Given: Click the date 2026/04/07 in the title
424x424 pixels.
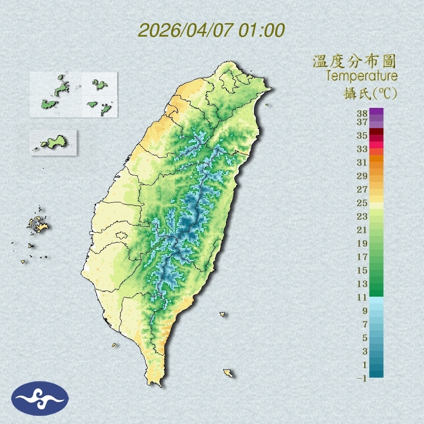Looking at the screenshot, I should [186, 30].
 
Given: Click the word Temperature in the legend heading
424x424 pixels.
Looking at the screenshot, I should [361, 76].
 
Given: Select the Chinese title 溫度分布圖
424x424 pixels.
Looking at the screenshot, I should [355, 62].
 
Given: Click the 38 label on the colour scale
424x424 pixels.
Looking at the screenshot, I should [362, 114].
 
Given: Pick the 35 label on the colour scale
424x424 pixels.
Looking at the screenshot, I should [362, 135].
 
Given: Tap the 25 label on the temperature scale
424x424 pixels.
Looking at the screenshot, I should [362, 202].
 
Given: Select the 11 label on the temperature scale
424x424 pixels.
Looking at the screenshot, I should [362, 297].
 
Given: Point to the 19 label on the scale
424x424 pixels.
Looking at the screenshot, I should [362, 243].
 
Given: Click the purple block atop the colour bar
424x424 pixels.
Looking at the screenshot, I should [377, 111].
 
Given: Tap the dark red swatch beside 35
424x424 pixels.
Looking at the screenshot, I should [377, 132].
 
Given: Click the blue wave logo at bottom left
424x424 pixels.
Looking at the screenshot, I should [40, 398].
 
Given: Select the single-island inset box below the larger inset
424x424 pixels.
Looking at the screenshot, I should [53, 142].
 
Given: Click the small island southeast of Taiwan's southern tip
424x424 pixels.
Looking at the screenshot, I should [228, 373].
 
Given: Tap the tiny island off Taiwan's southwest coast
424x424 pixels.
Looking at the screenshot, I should [114, 344].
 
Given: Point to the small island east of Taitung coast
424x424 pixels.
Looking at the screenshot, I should [223, 314].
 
